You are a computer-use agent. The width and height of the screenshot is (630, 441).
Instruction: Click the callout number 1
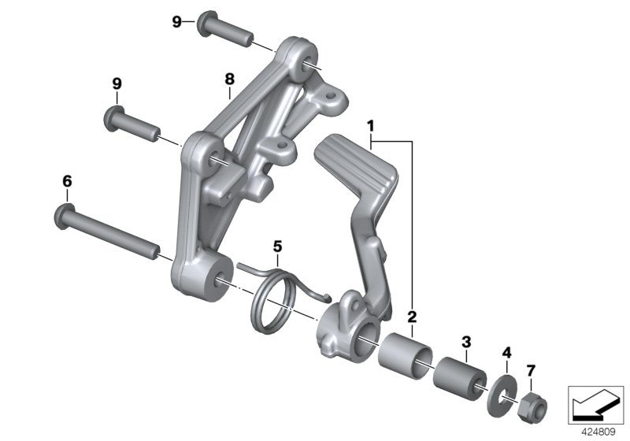click(370, 126)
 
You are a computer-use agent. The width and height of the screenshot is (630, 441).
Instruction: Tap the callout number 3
click(466, 341)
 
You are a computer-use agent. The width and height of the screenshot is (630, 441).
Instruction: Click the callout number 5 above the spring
click(277, 246)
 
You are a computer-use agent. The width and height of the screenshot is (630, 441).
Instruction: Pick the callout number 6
click(67, 182)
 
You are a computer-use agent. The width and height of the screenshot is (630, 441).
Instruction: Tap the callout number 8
click(229, 79)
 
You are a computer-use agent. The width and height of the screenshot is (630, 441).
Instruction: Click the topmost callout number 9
click(176, 21)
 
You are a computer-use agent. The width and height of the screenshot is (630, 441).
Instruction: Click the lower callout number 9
click(117, 83)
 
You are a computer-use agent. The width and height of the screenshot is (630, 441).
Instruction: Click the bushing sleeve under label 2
click(404, 352)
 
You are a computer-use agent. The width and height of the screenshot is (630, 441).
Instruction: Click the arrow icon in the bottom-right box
click(596, 402)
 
